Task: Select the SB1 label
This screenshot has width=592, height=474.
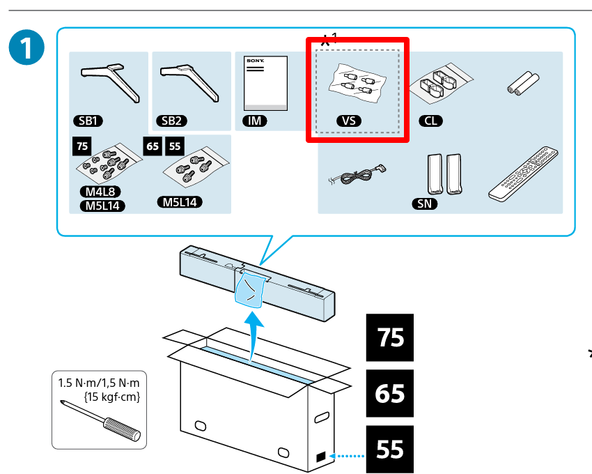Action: (88, 121)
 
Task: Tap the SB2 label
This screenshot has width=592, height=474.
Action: (171, 121)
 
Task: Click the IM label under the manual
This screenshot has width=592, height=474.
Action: (255, 121)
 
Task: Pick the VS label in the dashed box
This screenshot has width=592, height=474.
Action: (349, 121)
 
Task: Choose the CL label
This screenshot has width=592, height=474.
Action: (431, 121)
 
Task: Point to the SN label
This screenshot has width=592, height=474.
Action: (424, 204)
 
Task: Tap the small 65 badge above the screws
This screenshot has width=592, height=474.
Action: (153, 146)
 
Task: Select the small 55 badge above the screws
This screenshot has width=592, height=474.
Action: (175, 146)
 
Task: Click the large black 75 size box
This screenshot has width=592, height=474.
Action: (389, 338)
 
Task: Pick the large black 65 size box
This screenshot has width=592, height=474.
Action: (389, 394)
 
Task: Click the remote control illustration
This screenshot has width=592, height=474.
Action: (523, 174)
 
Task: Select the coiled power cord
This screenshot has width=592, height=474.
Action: (356, 176)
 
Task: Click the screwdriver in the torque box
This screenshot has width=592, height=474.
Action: (100, 420)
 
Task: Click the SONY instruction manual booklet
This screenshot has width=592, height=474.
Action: (264, 82)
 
